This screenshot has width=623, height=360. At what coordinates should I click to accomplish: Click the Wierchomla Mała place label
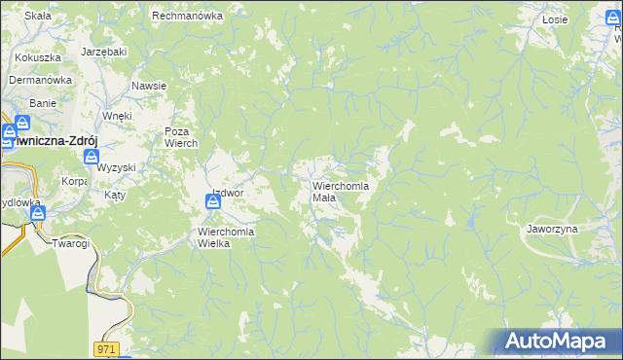[x=339, y=191]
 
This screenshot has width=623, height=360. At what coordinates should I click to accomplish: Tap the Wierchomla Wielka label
[x=226, y=237]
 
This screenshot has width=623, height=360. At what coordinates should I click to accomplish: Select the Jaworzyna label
[x=552, y=228]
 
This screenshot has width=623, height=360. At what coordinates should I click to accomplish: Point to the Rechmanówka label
[x=188, y=16]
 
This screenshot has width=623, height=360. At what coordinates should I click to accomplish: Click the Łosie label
[x=555, y=18]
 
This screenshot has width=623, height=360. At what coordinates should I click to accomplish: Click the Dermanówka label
[x=42, y=81]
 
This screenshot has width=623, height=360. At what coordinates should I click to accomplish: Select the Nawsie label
[x=149, y=86]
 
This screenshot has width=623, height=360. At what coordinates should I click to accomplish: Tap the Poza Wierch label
[x=181, y=137]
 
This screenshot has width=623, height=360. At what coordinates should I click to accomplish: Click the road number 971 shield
[x=107, y=347]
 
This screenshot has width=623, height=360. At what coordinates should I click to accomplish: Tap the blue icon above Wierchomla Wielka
[x=213, y=202]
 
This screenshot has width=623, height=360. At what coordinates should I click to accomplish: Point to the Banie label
[x=43, y=102]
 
